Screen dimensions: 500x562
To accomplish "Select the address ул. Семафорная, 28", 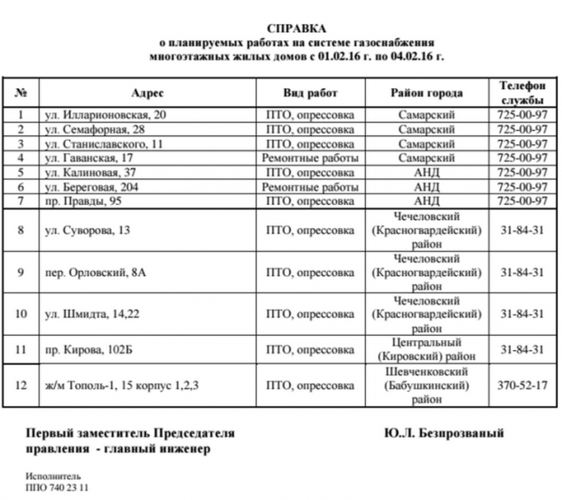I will tap(94, 130).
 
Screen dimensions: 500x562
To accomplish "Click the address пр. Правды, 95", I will tap(82, 202).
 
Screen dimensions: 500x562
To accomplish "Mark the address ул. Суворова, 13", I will tap(87, 230).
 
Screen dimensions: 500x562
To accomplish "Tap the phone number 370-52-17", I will tap(521, 386).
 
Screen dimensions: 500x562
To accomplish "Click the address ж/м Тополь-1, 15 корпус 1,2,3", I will tap(122, 386).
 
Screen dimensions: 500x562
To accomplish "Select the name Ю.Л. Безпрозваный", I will tap(444, 433).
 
